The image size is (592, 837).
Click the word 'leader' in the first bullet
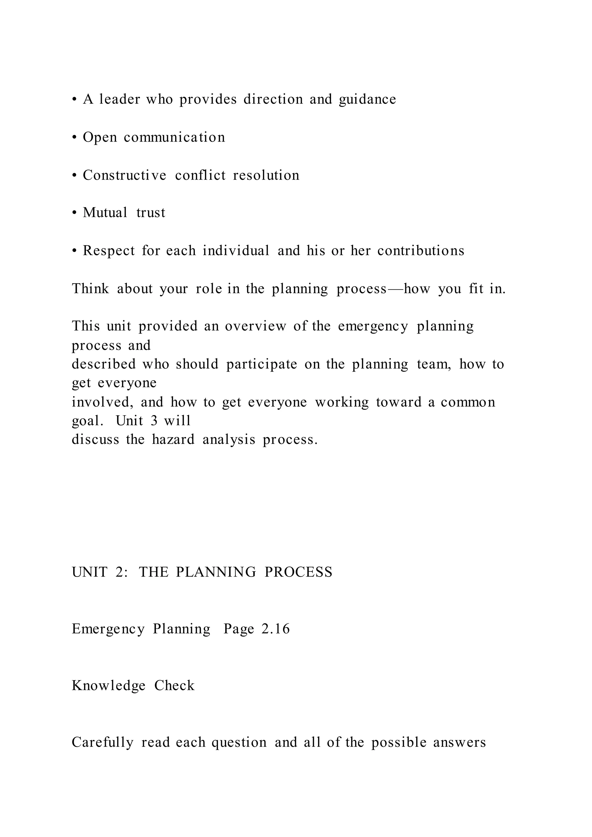(120, 99)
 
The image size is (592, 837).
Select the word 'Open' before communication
(100, 138)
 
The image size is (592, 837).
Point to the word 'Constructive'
(125, 175)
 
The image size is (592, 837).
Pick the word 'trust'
(151, 213)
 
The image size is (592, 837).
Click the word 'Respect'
(109, 251)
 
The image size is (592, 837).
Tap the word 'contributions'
(421, 251)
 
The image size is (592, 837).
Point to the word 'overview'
(256, 326)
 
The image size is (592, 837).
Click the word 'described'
(103, 364)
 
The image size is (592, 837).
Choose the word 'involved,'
(103, 402)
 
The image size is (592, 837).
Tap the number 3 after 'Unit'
(154, 421)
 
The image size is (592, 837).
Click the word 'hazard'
(173, 440)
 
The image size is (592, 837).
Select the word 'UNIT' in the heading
(90, 572)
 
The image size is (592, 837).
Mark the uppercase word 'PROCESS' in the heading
(299, 572)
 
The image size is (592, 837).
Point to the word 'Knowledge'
(109, 686)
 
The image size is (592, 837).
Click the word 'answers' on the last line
(460, 742)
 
